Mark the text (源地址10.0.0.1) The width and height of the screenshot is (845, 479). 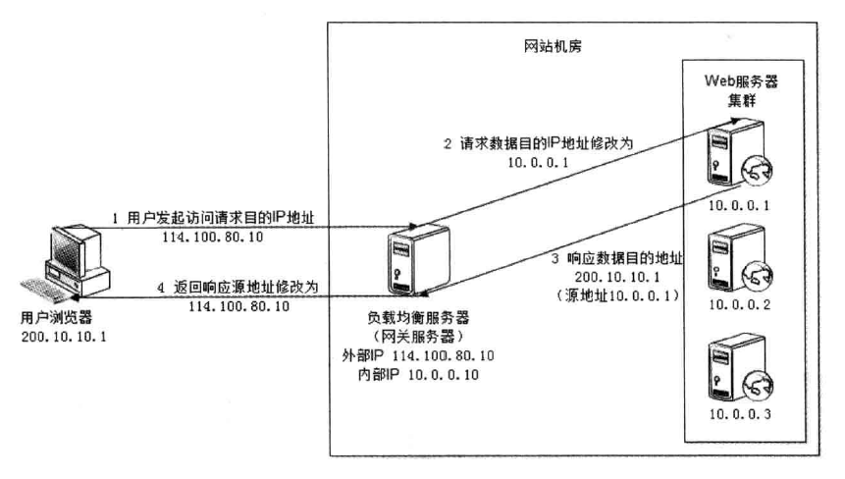pos(622,294)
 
